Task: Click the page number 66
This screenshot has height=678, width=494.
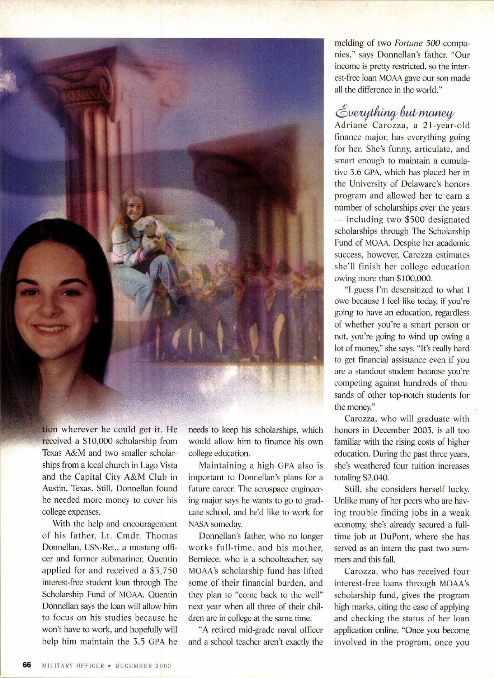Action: click(x=27, y=665)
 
